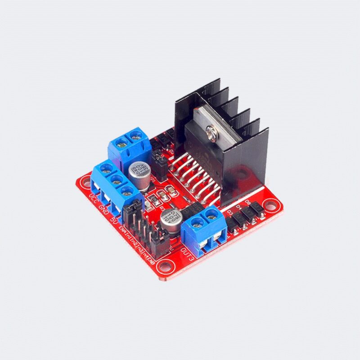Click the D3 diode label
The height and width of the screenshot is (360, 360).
click(230, 212)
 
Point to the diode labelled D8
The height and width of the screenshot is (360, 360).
click(255, 207)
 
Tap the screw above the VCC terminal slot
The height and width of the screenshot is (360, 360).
click(106, 170)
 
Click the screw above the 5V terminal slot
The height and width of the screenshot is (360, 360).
click(127, 190)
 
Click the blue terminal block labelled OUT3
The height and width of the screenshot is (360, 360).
click(203, 229)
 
